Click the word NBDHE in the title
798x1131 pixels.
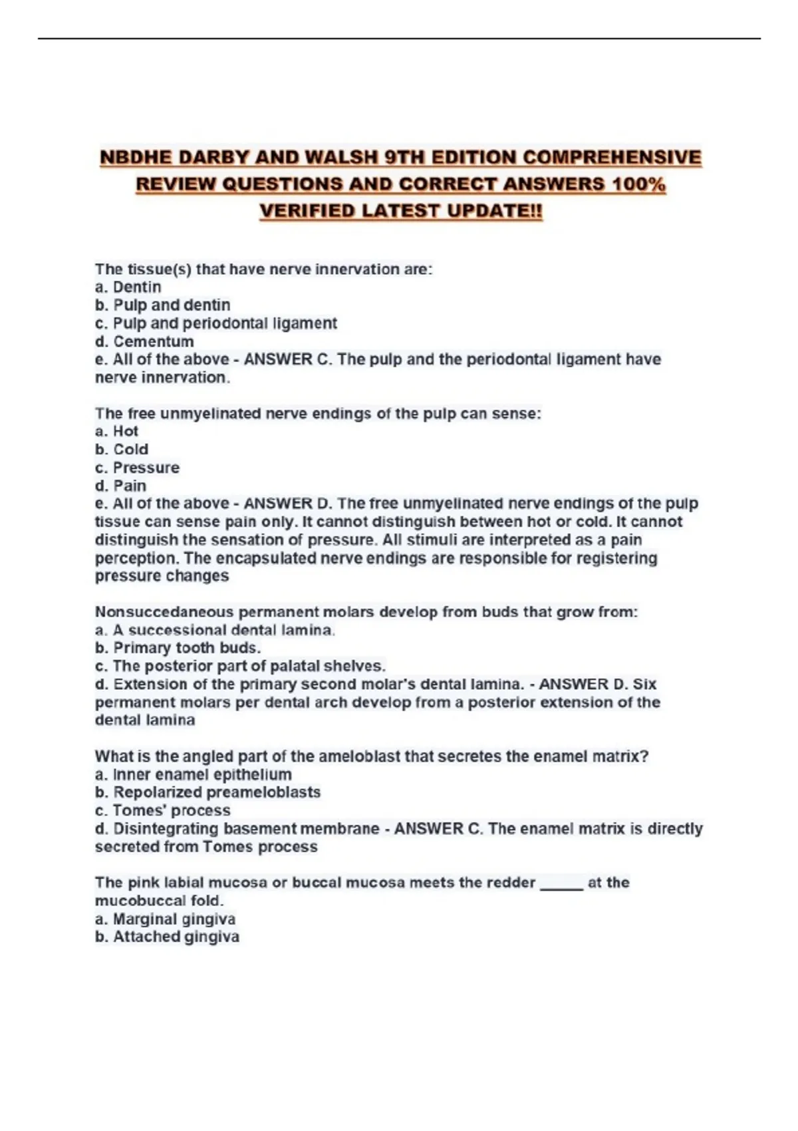coord(135,158)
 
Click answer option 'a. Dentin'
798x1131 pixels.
coord(128,287)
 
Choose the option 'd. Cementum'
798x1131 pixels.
coord(144,341)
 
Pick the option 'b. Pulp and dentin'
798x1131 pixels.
coord(163,305)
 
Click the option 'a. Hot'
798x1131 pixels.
coord(116,431)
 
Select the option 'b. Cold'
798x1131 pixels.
coord(122,449)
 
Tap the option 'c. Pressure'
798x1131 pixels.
coord(137,468)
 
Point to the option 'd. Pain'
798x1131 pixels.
coord(120,486)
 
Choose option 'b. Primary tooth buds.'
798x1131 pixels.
coord(178,648)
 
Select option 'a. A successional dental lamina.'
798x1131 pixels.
coord(215,630)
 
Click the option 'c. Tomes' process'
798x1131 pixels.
coord(163,810)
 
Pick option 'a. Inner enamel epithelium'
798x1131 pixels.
coord(193,774)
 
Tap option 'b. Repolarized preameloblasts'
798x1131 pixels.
coord(207,792)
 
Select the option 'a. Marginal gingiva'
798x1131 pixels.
coord(165,919)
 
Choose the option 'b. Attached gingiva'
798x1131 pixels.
coord(167,937)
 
